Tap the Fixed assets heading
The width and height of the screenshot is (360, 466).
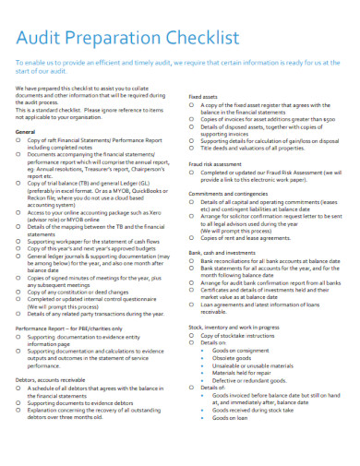204,96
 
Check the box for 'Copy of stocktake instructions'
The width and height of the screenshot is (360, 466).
193,338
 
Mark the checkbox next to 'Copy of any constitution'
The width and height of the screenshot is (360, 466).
20,292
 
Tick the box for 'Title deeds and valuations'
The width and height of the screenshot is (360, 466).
193,148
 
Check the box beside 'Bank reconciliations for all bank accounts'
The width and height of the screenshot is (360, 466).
193,261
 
